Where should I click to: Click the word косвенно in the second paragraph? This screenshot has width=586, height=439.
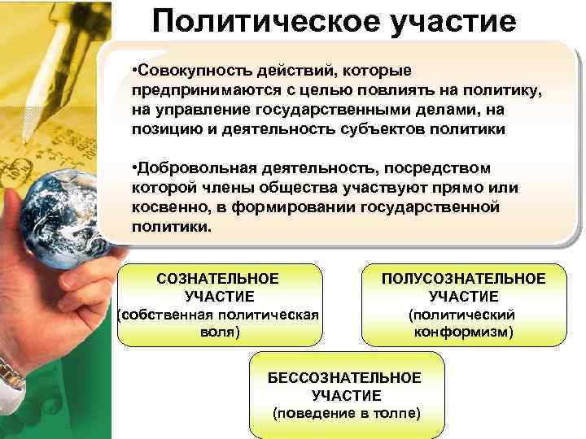[x=163, y=209]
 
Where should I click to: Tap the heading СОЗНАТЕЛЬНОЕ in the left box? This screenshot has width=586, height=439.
[x=219, y=279]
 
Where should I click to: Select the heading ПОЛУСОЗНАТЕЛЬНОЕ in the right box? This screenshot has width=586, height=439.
[x=464, y=279]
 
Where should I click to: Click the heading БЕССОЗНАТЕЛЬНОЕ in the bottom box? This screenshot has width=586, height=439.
[x=345, y=378]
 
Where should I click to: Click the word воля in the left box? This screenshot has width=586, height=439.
[x=219, y=333]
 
